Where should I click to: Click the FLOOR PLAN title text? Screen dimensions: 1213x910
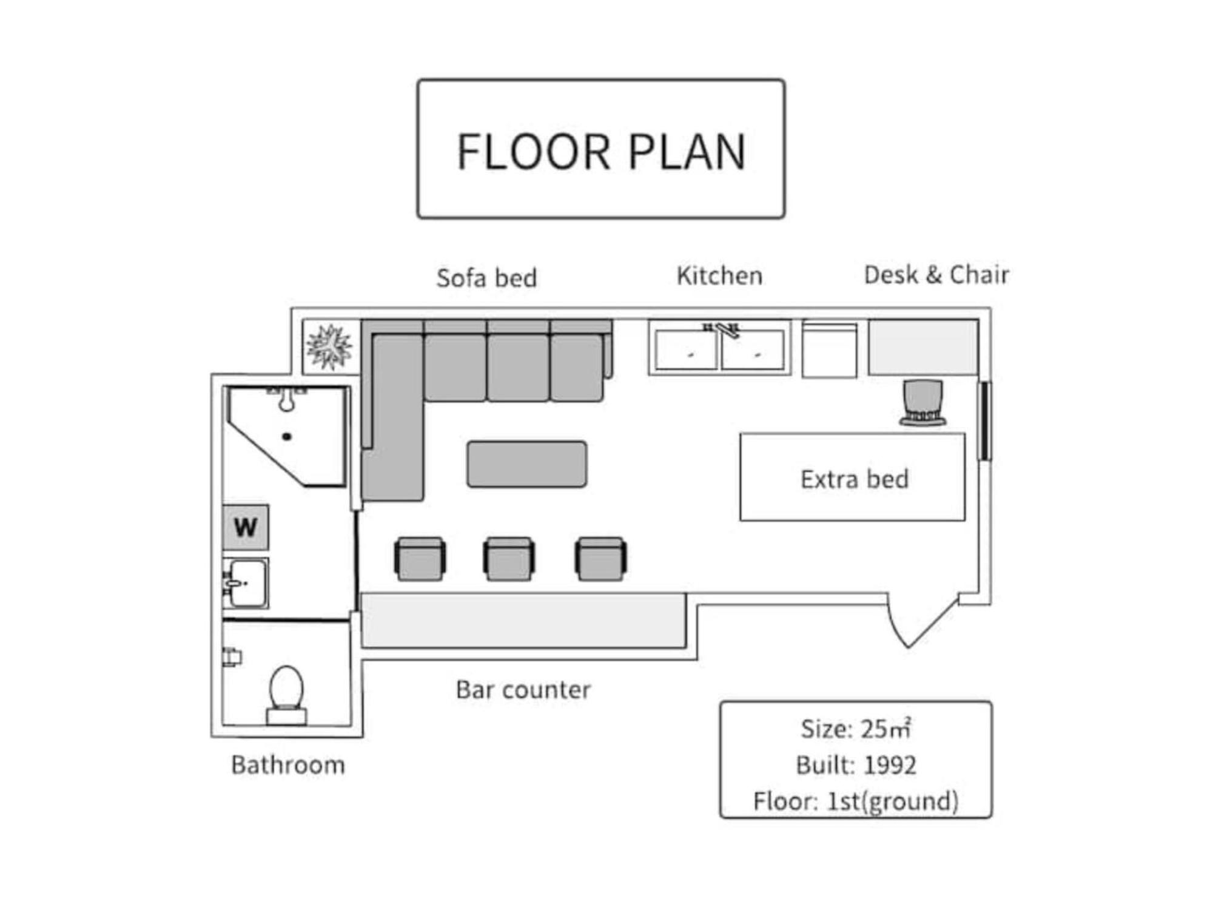[600, 151]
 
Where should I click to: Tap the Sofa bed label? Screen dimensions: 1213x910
[486, 278]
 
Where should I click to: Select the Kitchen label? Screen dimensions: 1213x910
[719, 275]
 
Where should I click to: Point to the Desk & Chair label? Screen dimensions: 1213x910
[936, 275]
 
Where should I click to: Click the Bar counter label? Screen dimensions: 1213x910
[523, 690]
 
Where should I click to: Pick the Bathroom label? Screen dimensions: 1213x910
[288, 765]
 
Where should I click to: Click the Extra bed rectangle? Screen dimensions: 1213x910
[852, 477]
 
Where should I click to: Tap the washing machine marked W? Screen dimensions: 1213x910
[246, 527]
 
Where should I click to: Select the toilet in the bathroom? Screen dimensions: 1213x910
[286, 695]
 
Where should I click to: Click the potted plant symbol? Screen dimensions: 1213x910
[329, 347]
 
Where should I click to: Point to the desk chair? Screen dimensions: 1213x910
[922, 403]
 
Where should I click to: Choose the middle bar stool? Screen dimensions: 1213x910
[509, 558]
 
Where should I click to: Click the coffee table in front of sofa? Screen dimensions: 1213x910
[526, 464]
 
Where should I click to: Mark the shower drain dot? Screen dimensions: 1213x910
[287, 436]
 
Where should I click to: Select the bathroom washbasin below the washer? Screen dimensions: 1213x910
[246, 583]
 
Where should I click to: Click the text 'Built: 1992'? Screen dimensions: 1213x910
[856, 765]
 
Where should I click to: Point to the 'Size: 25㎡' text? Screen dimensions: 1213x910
[856, 729]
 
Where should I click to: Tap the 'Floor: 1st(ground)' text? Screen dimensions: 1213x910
[856, 801]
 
